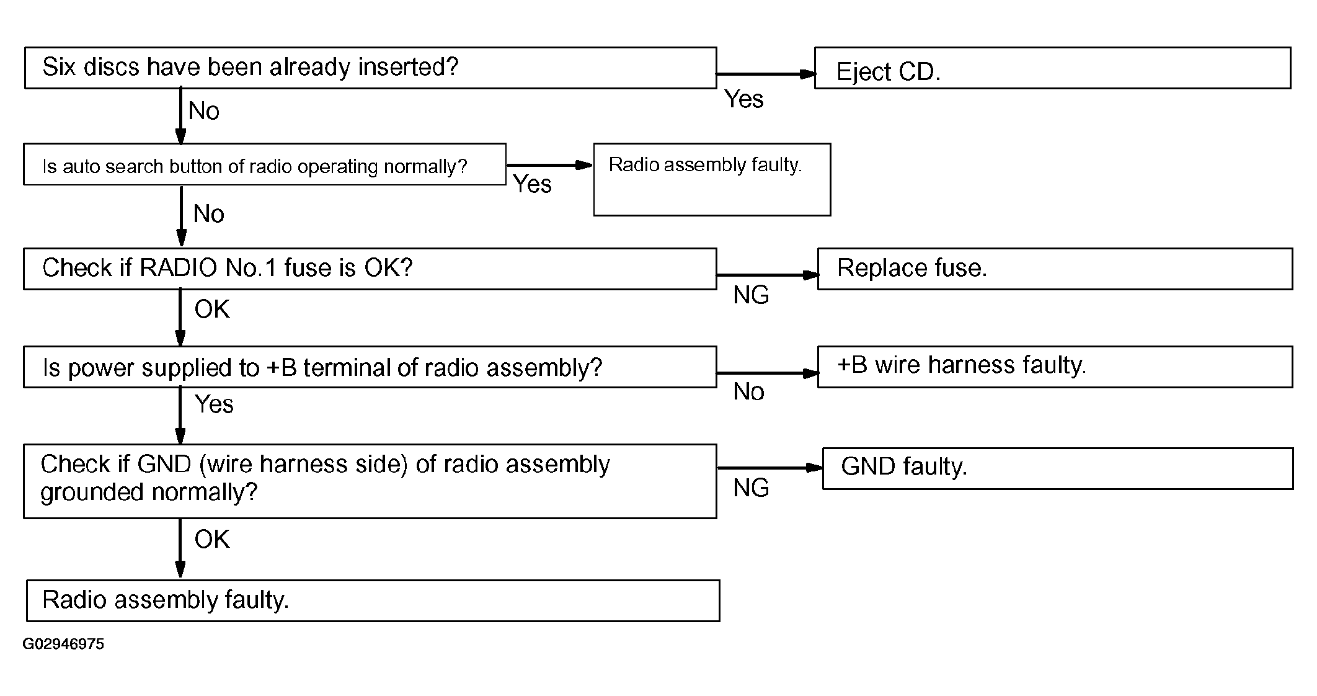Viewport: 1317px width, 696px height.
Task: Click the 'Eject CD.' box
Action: [x=1052, y=68]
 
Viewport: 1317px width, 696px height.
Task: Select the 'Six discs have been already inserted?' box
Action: [x=371, y=68]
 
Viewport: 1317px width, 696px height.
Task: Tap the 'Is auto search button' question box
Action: [x=265, y=164]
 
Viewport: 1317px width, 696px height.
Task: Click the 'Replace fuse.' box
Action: [x=1055, y=269]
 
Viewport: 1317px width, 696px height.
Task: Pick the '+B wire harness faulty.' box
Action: [x=1055, y=367]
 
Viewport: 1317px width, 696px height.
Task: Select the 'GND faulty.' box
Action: [x=1058, y=468]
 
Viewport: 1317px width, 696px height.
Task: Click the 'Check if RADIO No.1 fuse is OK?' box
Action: [x=370, y=269]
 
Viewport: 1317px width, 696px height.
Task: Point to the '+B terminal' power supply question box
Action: [x=370, y=367]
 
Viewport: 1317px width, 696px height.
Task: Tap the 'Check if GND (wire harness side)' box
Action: [x=370, y=481]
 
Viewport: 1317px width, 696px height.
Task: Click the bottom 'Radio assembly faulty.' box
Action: [x=373, y=600]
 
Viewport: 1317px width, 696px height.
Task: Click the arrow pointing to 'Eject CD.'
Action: [x=766, y=74]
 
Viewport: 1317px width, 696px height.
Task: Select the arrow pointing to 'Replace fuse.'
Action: [x=768, y=275]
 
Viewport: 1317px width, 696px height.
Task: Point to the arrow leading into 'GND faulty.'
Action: [x=770, y=468]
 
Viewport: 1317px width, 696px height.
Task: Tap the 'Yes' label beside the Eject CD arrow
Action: [x=744, y=99]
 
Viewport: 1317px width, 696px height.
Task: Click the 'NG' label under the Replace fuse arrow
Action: [x=751, y=295]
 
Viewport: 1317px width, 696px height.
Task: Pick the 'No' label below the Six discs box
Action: [x=204, y=111]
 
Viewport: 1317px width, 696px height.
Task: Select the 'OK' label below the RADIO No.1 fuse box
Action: [x=212, y=309]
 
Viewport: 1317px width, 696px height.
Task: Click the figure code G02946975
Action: [x=63, y=644]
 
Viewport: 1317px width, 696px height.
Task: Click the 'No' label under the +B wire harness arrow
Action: [x=748, y=391]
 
